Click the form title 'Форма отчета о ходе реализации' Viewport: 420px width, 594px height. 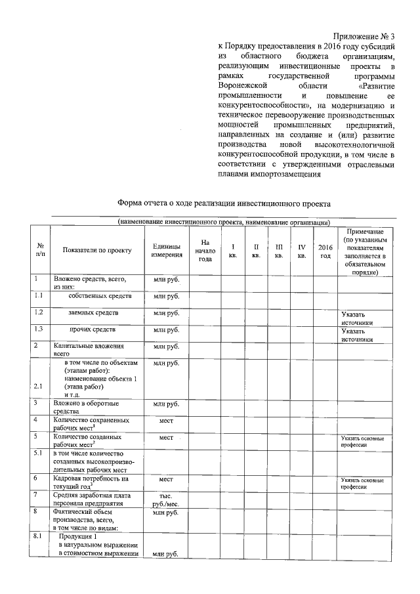[x=223, y=204]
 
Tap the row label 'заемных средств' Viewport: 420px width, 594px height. [x=93, y=313]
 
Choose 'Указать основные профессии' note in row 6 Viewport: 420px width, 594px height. [x=362, y=484]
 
